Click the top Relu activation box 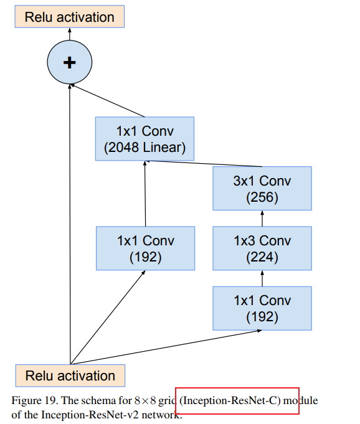(x=70, y=16)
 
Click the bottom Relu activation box (x=70, y=375)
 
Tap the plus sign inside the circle (x=70, y=62)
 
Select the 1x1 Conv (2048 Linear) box (x=144, y=139)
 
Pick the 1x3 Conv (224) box (x=262, y=248)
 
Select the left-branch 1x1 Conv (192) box (x=145, y=248)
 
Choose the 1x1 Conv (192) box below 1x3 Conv (x=262, y=308)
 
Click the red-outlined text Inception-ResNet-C (x=237, y=400)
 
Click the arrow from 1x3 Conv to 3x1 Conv (x=262, y=219)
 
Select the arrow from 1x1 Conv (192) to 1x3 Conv (x=262, y=278)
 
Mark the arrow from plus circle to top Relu (x=70, y=35)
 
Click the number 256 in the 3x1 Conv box (x=262, y=198)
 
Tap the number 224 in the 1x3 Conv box (x=262, y=257)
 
